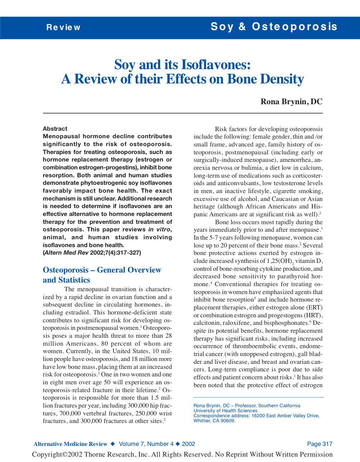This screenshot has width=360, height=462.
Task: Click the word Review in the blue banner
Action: point(63,28)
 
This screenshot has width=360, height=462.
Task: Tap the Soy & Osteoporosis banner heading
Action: point(274,27)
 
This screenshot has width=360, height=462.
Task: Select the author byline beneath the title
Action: point(291,102)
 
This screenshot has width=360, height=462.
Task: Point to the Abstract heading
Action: point(55,129)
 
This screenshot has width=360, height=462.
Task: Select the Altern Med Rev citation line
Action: point(92,253)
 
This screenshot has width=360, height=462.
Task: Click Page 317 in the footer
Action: point(320,444)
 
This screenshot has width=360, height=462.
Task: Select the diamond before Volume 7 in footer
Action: point(112,444)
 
